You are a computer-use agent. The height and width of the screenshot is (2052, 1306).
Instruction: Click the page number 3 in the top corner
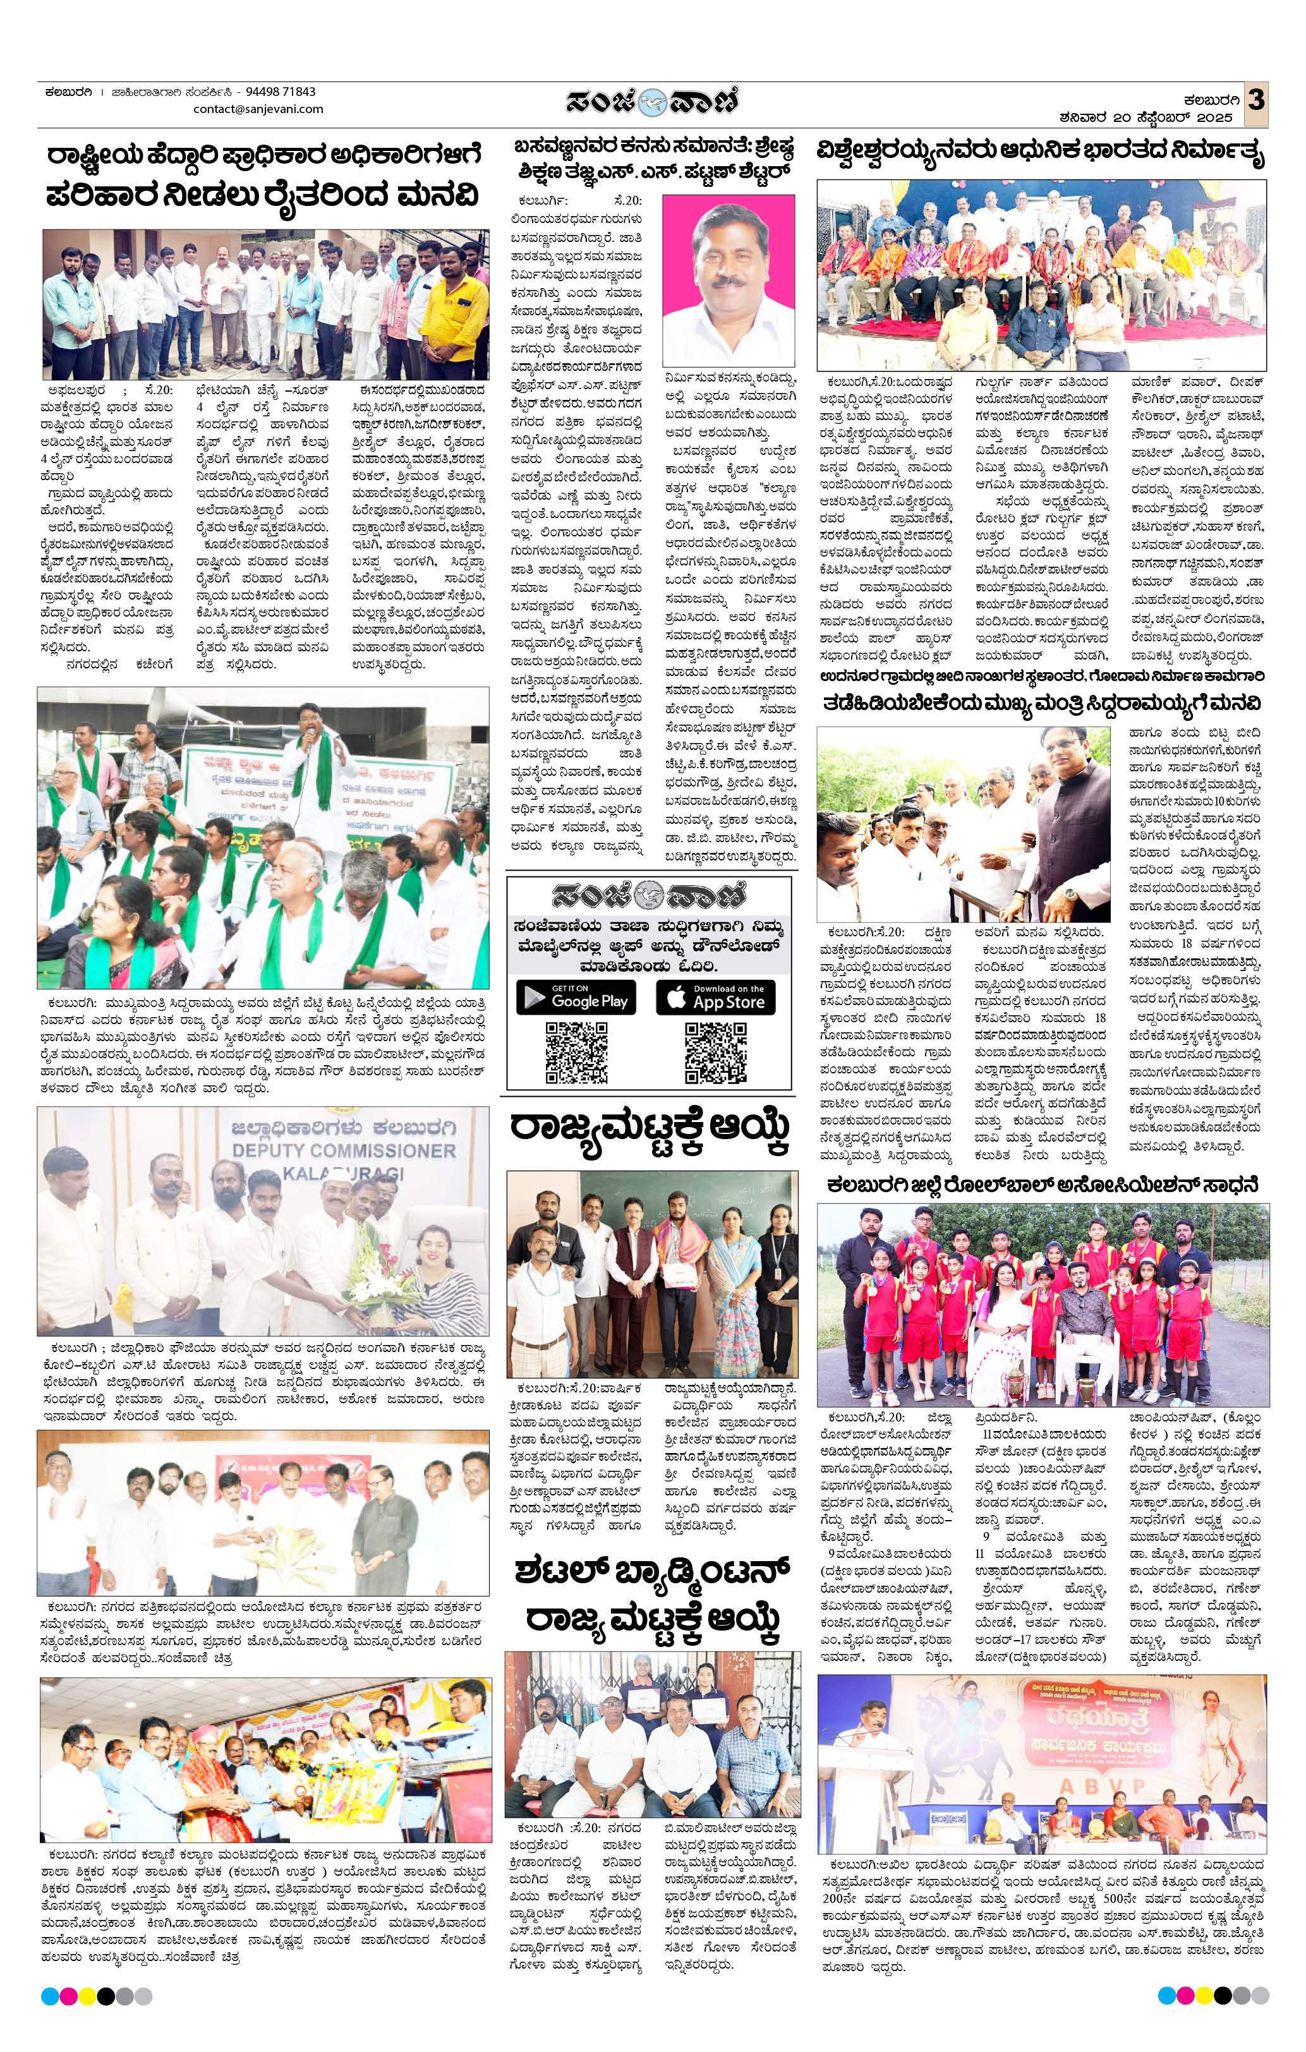1255,99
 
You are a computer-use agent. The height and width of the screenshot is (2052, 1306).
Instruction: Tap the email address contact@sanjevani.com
258,109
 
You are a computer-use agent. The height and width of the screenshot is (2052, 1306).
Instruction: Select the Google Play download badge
576,997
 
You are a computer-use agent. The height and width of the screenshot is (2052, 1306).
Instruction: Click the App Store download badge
715,997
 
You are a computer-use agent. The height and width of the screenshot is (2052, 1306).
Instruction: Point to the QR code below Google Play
576,1053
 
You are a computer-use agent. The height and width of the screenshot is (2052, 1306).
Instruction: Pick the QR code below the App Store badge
715,1053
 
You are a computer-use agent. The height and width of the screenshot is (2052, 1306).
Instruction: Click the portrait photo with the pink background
729,281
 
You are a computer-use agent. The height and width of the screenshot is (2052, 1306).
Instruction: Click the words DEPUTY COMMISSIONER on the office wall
344,1150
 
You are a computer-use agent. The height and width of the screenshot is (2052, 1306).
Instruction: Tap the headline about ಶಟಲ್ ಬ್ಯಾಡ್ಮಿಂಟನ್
652,1593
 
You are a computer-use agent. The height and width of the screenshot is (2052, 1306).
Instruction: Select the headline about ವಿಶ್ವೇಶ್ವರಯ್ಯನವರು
1040,154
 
